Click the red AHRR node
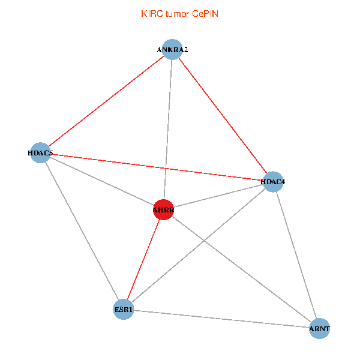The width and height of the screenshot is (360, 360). coord(163,209)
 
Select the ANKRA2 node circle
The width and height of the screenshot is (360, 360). coord(172,50)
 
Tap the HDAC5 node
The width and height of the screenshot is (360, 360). coord(40,152)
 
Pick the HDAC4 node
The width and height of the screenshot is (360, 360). coord(273,181)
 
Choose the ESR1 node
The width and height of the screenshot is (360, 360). coord(123,310)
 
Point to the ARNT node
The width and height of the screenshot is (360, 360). coord(320,329)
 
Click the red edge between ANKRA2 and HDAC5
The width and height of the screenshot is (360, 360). coord(106,101)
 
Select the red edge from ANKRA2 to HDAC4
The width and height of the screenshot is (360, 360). coord(223,116)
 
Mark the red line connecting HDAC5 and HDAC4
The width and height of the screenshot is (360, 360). coord(156,167)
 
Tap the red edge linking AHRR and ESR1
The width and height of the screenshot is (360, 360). coord(143,259)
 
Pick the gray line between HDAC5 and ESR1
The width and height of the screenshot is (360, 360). coord(81,231)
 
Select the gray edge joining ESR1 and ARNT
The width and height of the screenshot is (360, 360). coord(221,319)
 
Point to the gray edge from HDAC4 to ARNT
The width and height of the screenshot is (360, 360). coord(296,255)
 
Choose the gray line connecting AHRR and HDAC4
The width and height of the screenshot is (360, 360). coord(218,195)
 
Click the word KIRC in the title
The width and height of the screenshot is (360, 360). coord(151,14)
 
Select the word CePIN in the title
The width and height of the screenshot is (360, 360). coord(205,14)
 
